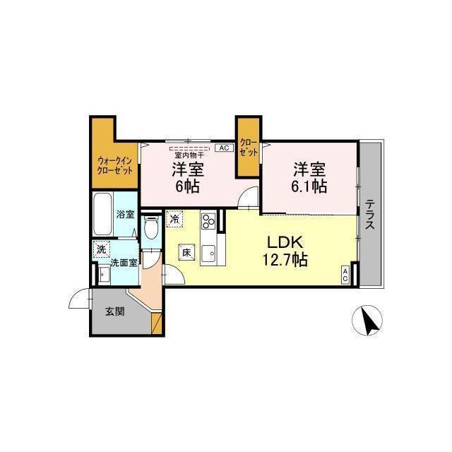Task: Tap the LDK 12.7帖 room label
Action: (285, 251)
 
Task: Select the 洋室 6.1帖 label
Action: (309, 177)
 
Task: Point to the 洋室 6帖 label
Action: (188, 177)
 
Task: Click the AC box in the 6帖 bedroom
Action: (224, 148)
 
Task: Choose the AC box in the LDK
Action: (345, 275)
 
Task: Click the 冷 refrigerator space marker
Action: (174, 220)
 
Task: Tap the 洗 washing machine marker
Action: (101, 249)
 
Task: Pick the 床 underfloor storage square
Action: (186, 252)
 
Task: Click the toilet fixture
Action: (151, 227)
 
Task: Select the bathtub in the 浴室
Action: (102, 214)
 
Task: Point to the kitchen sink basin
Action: (209, 254)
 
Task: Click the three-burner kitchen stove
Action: (209, 221)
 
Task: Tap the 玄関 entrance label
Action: (114, 311)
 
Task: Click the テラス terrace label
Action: (370, 215)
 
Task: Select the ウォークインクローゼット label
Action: (115, 165)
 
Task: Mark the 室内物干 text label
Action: (189, 155)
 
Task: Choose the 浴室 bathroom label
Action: (126, 214)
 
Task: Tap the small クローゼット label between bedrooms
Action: (249, 148)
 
